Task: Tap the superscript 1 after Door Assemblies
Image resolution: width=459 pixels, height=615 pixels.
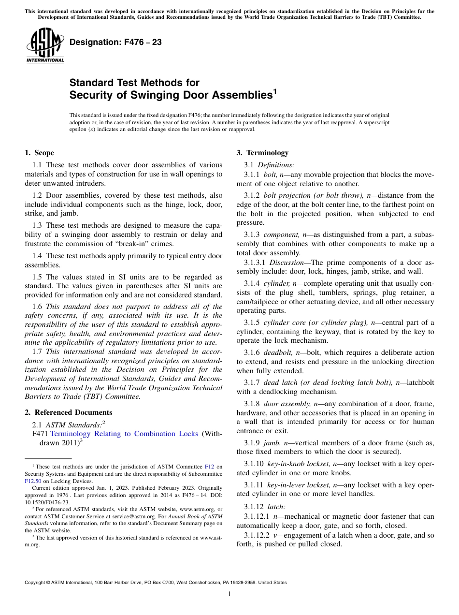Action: tap(275, 90)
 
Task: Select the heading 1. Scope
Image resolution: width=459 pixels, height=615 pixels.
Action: tap(39, 153)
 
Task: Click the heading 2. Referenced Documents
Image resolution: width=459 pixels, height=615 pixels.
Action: tap(68, 412)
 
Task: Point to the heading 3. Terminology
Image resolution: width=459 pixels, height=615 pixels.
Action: tap(262, 153)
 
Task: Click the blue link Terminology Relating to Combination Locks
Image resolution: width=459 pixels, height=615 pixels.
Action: tap(124, 434)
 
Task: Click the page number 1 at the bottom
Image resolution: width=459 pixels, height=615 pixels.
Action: tap(229, 594)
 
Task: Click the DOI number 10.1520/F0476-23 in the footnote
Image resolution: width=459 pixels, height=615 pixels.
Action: tap(47, 502)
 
